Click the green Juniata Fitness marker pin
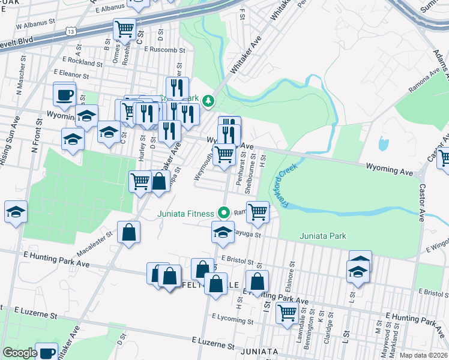click(x=224, y=213)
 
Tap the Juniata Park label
click(x=322, y=236)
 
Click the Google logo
click(x=20, y=353)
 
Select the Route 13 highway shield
click(x=71, y=31)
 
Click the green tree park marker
click(x=208, y=101)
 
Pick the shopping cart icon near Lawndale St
click(x=288, y=311)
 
